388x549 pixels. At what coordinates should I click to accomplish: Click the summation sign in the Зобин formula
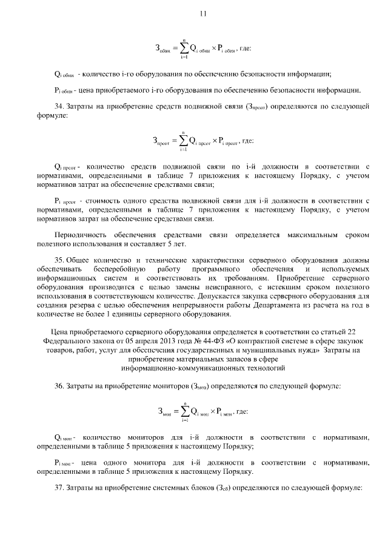[182, 47]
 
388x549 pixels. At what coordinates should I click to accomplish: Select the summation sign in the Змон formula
[182, 412]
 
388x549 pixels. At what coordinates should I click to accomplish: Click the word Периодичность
[81, 234]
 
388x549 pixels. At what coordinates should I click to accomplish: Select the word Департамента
[279, 306]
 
